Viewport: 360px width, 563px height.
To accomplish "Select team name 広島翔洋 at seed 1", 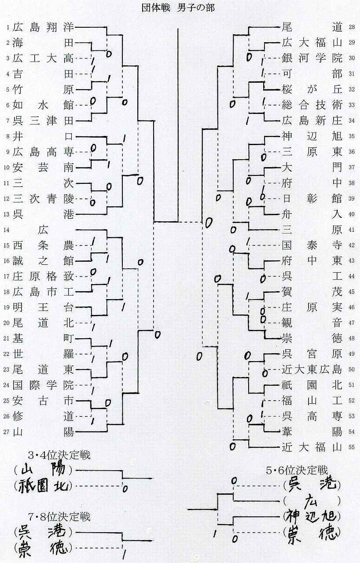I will pyautogui.click(x=43, y=27).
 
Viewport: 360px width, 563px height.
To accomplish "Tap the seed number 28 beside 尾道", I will pyautogui.click(x=351, y=27).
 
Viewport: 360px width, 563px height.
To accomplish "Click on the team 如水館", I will pyautogui.click(x=43, y=105).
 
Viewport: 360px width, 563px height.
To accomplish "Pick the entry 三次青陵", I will pyautogui.click(x=43, y=198).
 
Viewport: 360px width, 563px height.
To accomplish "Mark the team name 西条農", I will pyautogui.click(x=43, y=245).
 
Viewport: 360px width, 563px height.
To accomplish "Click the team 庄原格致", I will pyautogui.click(x=43, y=276).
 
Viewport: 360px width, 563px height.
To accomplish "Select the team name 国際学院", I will pyautogui.click(x=43, y=385).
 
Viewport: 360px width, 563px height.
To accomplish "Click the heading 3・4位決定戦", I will pyautogui.click(x=59, y=455).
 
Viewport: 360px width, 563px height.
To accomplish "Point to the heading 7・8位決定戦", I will pyautogui.click(x=59, y=516).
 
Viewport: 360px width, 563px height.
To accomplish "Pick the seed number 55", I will pyautogui.click(x=351, y=448).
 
